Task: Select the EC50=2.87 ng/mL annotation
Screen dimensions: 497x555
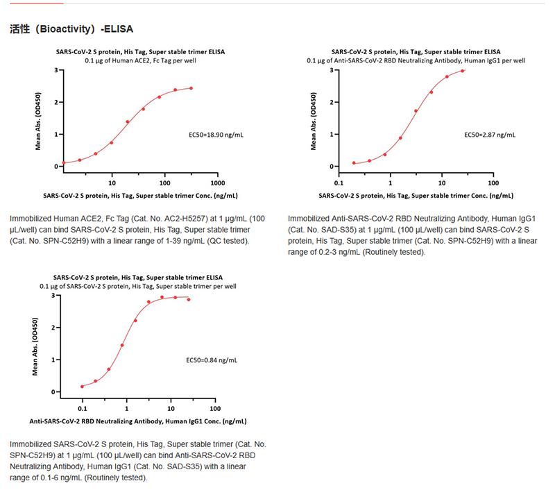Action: tap(489, 133)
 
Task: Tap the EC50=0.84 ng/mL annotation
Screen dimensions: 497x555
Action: tap(212, 360)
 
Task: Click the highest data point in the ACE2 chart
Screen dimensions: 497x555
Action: tap(191, 88)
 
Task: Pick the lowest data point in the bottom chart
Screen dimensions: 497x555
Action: tap(83, 386)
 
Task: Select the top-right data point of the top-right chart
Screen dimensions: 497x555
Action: tap(462, 71)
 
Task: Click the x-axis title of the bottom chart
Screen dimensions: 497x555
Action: tap(137, 421)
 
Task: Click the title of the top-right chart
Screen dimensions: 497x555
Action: tap(416, 51)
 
